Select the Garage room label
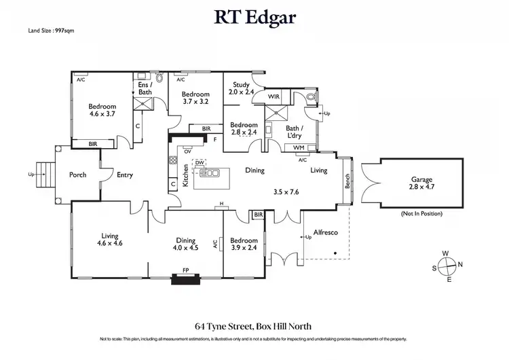420,182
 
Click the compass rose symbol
446,266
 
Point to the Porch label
78,175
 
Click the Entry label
125,175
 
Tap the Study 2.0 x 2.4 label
241,88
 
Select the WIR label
274,97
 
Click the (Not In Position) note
421,213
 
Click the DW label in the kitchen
200,163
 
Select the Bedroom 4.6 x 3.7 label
102,110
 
